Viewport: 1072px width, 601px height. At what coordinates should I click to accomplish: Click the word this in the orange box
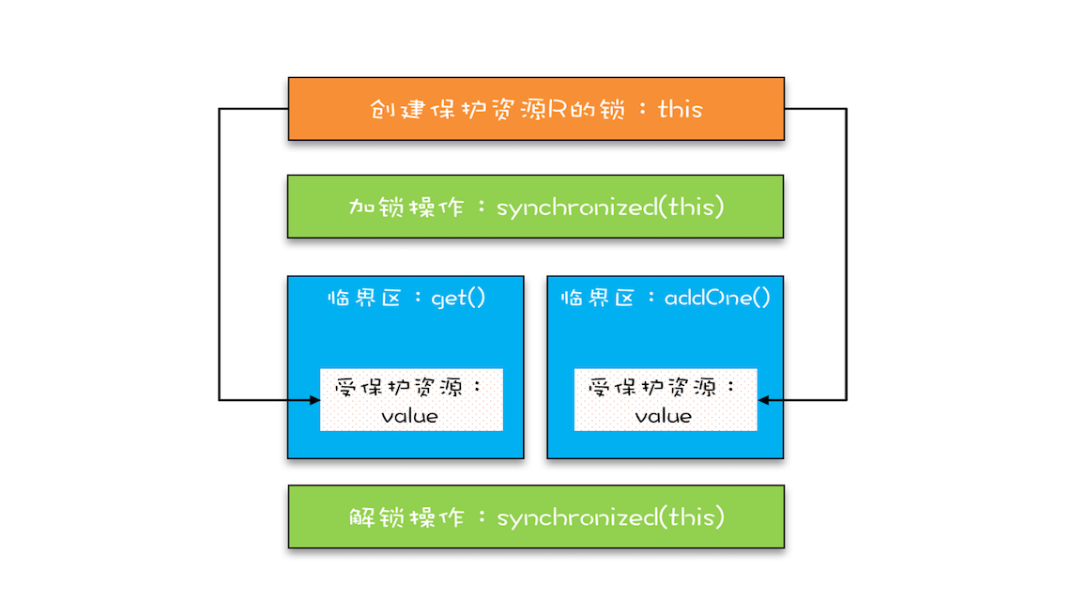click(680, 109)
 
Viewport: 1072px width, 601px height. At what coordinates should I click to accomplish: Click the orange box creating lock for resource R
click(535, 109)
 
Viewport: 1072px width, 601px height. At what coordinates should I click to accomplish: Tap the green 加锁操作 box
click(535, 207)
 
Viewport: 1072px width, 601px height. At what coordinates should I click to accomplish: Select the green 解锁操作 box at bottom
click(535, 516)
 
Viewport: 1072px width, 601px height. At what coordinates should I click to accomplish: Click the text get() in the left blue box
click(458, 299)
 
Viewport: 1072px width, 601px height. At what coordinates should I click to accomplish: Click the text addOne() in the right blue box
click(717, 299)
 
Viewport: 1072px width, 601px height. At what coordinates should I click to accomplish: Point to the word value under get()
click(410, 415)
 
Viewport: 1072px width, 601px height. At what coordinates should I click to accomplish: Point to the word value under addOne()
click(664, 415)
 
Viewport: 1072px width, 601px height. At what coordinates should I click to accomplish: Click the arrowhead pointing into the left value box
click(314, 401)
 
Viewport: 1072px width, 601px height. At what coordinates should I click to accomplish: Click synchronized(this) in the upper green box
click(610, 208)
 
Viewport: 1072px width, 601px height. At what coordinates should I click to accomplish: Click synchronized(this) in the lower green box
click(610, 517)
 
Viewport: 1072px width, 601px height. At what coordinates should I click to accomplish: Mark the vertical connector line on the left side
click(220, 254)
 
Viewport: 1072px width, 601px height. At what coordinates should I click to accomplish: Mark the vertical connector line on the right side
click(847, 254)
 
